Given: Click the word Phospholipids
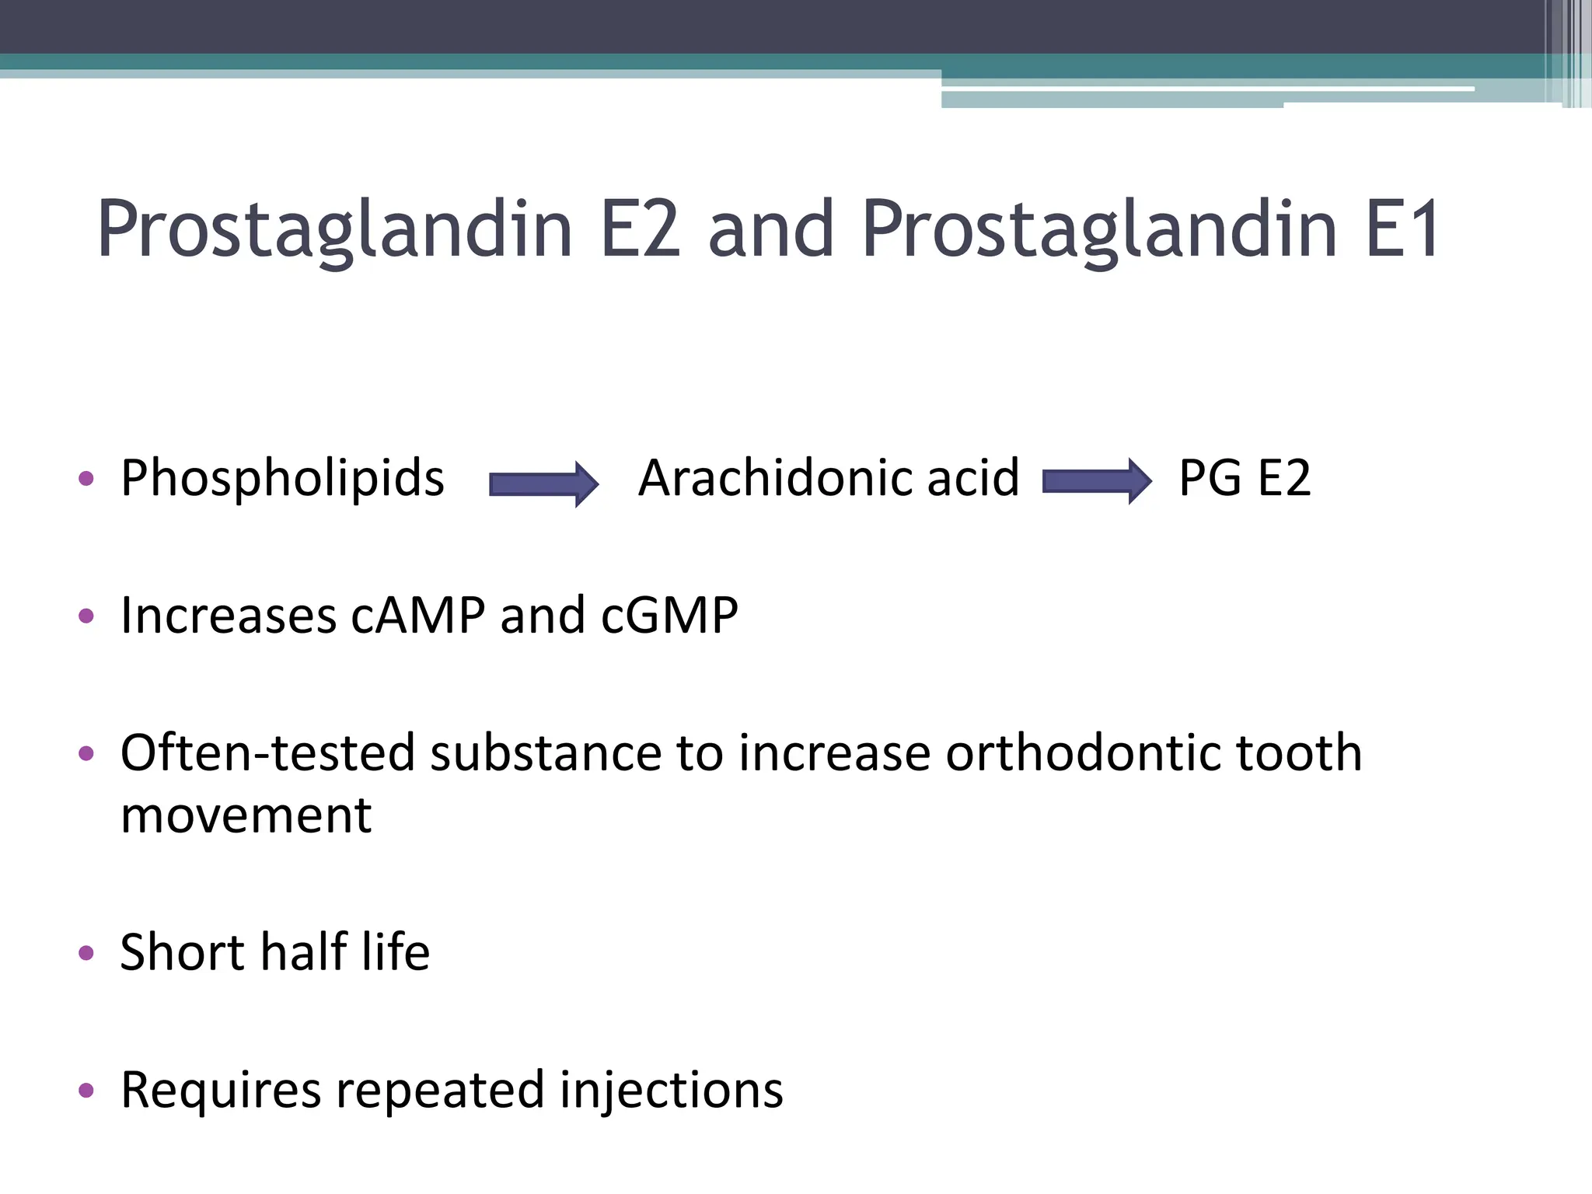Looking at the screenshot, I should click(282, 479).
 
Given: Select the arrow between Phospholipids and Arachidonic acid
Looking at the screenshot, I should click(543, 484).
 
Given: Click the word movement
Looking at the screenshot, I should click(246, 815).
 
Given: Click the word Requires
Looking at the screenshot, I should click(221, 1090).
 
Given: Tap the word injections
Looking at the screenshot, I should click(671, 1090).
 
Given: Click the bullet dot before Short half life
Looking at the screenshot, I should click(86, 953).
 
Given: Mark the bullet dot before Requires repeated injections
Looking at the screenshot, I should click(86, 1090).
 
